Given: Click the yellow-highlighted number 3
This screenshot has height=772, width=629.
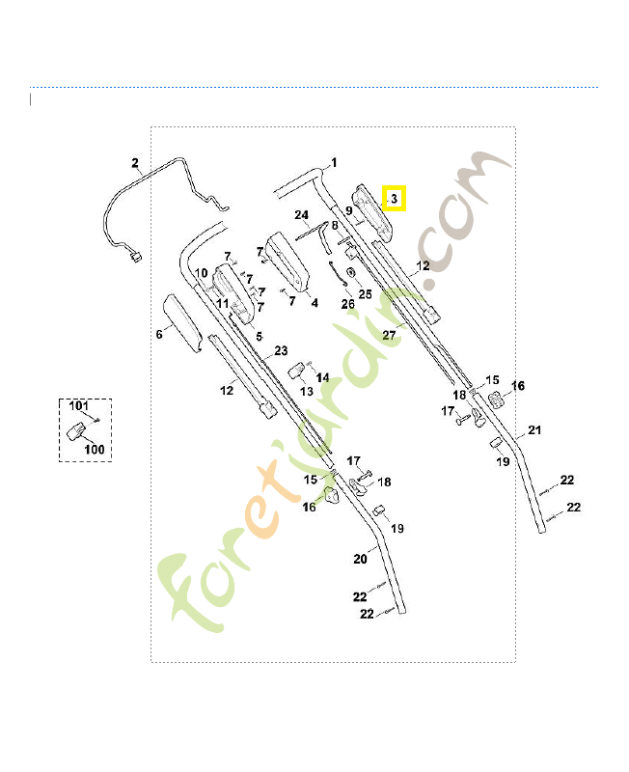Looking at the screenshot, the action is coord(395,199).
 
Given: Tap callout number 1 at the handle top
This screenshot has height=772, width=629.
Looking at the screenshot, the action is coord(334,162).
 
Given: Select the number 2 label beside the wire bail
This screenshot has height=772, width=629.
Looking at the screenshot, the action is coord(135,163).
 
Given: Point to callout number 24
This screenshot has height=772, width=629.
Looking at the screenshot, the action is coord(301,215).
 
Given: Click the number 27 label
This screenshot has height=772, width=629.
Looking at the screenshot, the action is coord(389,335).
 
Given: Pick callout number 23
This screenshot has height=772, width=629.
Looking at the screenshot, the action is coord(281,350).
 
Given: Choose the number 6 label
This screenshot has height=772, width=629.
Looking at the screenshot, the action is coord(159,334).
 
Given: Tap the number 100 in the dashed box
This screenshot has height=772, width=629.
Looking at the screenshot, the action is coord(94,449).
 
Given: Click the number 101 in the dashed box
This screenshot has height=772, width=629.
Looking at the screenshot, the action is coord(79,405).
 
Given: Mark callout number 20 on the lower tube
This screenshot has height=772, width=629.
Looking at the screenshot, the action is coord(360,559).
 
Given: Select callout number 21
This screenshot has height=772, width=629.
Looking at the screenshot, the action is coord(534,429).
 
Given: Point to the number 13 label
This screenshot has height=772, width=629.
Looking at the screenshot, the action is coord(307,392).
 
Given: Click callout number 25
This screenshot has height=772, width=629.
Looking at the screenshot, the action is coord(365,294).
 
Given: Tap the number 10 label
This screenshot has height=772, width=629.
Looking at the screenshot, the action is coord(202,273).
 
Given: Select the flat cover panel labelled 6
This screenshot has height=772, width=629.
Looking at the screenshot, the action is coord(182,323).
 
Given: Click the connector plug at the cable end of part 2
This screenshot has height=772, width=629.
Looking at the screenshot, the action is coord(135,257).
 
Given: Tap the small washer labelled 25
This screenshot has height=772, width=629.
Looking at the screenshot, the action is coord(351,272).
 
